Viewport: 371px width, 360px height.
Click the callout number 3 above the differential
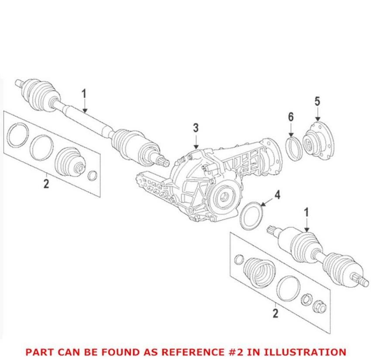pyautogui.click(x=196, y=128)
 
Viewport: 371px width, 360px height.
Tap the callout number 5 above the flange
pyautogui.click(x=317, y=101)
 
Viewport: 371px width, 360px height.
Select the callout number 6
pyautogui.click(x=291, y=117)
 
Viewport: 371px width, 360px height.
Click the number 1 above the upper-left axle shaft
pyautogui.click(x=84, y=93)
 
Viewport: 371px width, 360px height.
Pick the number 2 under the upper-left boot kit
pyautogui.click(x=46, y=183)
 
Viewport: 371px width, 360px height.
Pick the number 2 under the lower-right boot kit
pyautogui.click(x=275, y=313)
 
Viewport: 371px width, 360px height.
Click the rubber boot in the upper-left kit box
pyautogui.click(x=69, y=161)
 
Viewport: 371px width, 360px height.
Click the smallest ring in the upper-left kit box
pyautogui.click(x=93, y=176)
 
